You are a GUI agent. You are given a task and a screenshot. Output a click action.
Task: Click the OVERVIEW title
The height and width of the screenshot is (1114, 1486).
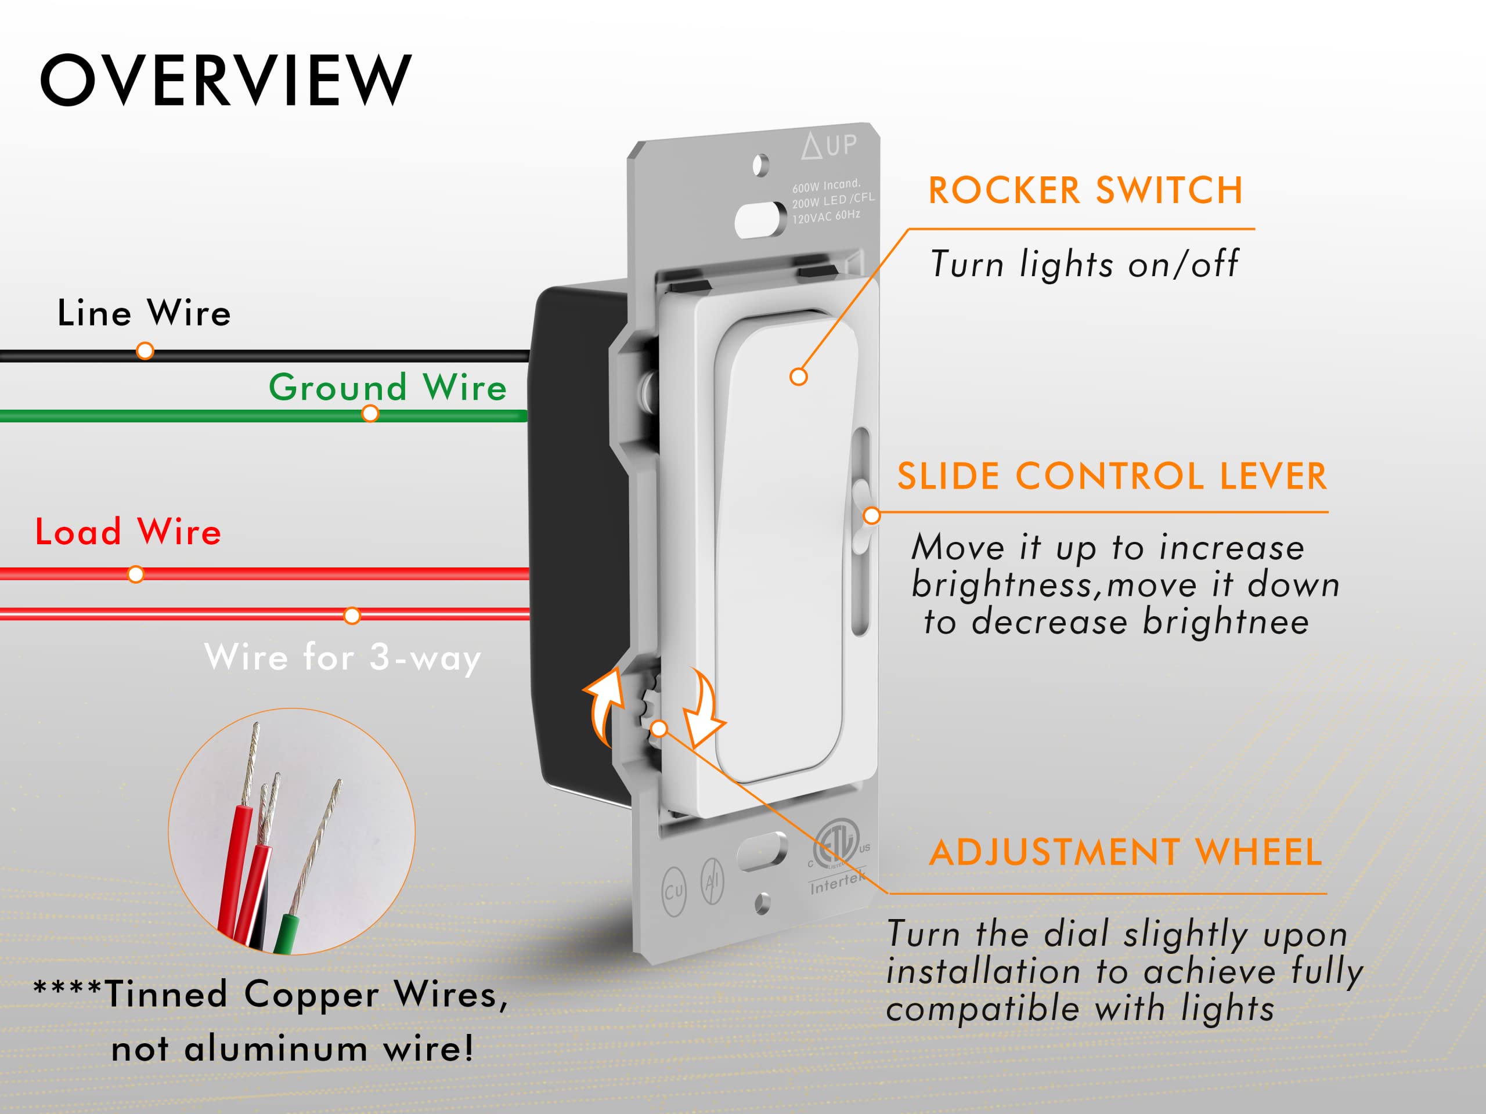(x=226, y=81)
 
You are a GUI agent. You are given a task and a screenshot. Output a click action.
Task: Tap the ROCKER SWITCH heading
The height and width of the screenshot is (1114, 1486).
(x=1085, y=191)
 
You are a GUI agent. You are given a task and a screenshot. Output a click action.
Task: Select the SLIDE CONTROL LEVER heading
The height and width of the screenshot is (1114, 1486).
(x=1112, y=477)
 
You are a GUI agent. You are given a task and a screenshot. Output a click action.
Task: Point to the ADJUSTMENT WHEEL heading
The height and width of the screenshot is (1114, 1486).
(x=1126, y=853)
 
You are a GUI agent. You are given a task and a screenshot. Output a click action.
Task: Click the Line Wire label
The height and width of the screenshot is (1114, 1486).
(x=144, y=313)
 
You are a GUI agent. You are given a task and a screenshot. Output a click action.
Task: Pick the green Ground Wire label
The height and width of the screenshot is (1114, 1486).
(x=388, y=388)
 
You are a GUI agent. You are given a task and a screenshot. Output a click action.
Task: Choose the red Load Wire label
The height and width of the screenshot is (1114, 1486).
(x=128, y=532)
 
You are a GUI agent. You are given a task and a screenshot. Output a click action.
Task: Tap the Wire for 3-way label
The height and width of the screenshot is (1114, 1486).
(x=342, y=657)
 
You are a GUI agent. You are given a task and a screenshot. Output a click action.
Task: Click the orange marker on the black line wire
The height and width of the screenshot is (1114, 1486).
(x=145, y=351)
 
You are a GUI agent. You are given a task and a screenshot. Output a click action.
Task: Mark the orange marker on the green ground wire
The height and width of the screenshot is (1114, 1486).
(x=370, y=414)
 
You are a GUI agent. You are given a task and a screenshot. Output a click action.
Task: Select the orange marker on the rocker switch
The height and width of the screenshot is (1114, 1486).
(x=798, y=377)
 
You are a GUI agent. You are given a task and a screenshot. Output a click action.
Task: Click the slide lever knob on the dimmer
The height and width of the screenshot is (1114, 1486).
(x=862, y=516)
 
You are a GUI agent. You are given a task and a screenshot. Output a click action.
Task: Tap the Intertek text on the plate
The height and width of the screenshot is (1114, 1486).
(x=836, y=884)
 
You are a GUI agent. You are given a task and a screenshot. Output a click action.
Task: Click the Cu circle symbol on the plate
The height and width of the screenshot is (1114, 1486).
(x=674, y=891)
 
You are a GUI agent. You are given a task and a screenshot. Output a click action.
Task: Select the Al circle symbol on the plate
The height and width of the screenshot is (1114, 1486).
(x=712, y=881)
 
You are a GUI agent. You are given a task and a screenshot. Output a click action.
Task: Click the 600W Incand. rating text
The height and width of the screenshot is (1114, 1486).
(x=825, y=185)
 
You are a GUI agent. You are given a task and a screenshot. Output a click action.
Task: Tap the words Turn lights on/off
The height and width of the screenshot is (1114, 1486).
(x=1084, y=264)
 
